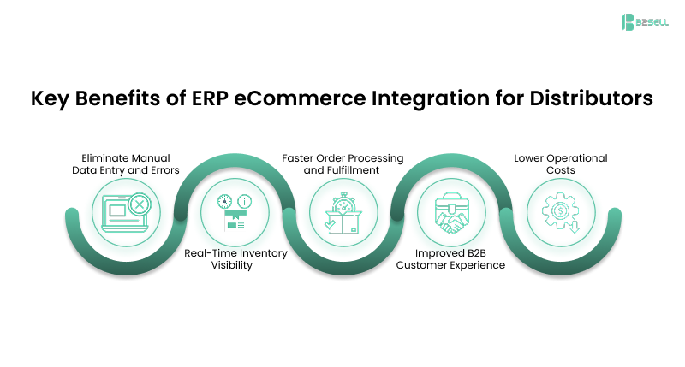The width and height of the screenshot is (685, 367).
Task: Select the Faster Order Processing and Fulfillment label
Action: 342,164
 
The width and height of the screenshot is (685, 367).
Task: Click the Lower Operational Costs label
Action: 560,164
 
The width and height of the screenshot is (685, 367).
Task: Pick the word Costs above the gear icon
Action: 560,171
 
